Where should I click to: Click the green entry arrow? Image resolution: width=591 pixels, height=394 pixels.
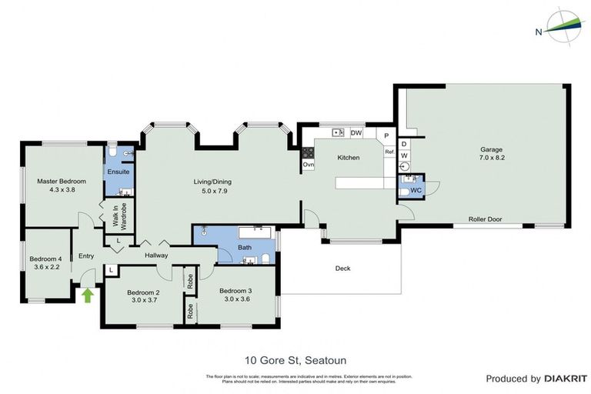[x=87, y=294]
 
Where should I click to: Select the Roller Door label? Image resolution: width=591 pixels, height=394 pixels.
[x=485, y=219]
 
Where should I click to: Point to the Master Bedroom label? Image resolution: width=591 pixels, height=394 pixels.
[x=62, y=185]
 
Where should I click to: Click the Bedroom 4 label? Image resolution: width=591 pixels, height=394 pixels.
[x=45, y=262]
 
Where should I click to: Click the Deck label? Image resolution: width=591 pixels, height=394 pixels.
[x=342, y=269]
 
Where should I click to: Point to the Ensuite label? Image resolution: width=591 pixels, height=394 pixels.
[x=119, y=172]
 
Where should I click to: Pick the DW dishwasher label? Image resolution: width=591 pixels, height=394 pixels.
[x=356, y=133]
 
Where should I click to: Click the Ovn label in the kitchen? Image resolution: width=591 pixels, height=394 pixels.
[x=308, y=165]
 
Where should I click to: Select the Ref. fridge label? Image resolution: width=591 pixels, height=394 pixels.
[x=389, y=152]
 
